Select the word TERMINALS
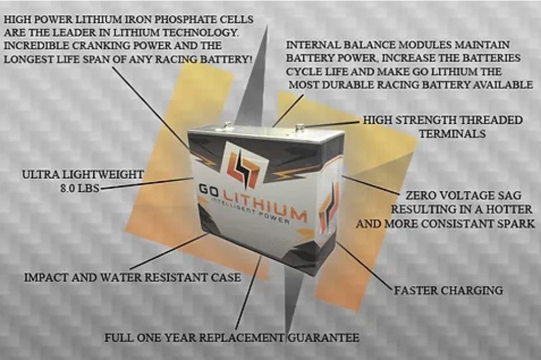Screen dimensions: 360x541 (453, 134)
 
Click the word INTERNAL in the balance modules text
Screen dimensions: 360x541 (310, 44)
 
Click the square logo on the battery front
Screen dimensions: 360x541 (244, 165)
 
